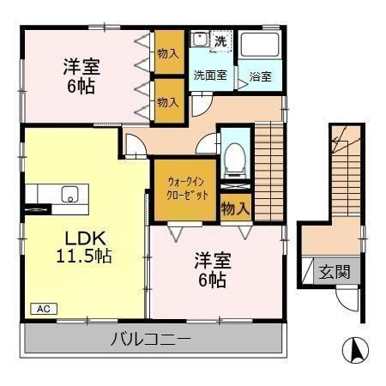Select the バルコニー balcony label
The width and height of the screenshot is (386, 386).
point(151,339)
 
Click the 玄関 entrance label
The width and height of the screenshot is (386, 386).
point(335,272)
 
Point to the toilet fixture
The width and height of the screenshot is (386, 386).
point(234,160)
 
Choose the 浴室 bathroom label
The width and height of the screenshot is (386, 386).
point(260,76)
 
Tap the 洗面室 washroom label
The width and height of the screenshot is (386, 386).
point(209,75)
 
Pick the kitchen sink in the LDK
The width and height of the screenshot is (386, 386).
point(69,193)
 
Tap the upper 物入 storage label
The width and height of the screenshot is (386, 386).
point(168,53)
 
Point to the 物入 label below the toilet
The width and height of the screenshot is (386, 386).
point(235,208)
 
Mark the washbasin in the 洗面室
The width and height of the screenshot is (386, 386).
point(199,40)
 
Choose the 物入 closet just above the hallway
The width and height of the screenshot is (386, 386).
point(168,101)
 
